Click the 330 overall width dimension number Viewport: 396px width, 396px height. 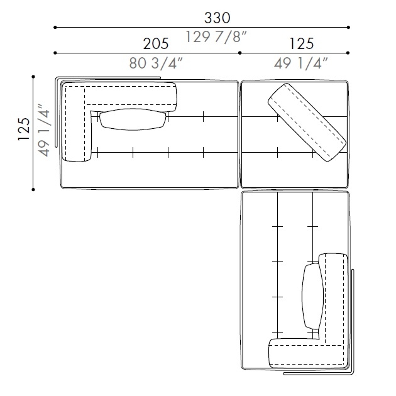click(217, 18)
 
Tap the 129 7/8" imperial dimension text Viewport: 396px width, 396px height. click(216, 36)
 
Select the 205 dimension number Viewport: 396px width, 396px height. click(156, 44)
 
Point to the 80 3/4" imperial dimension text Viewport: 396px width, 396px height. click(156, 63)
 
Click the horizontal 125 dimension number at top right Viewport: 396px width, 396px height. click(301, 44)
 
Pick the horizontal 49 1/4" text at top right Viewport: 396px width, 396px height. click(301, 63)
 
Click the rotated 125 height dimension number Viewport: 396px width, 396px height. click(24, 129)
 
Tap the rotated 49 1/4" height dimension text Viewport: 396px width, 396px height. click(43, 130)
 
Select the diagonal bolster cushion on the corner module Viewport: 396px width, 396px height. click(307, 122)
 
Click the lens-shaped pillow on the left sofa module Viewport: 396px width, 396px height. click(133, 119)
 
